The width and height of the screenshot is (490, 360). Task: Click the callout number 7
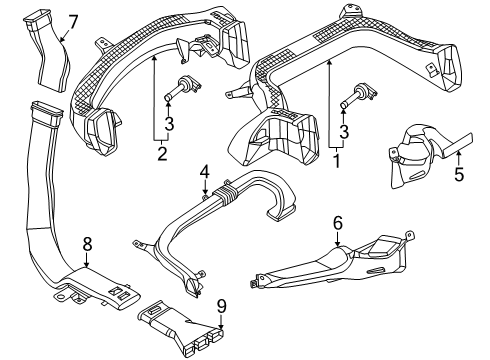[x=72, y=22]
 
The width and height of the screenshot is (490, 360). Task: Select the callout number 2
[x=162, y=153]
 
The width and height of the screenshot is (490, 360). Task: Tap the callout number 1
[x=337, y=160]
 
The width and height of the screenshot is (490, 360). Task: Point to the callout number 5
[x=459, y=174]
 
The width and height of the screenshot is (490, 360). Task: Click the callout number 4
[x=205, y=172]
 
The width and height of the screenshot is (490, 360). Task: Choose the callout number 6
[x=338, y=223]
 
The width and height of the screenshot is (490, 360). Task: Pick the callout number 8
[x=87, y=244]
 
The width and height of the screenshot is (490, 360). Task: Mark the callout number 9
[x=222, y=306]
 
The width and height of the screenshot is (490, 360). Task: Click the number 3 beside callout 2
[x=169, y=123]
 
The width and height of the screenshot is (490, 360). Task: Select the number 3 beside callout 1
[x=344, y=131]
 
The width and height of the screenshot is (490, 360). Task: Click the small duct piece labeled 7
[x=49, y=50]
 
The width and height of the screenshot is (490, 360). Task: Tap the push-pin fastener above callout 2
[x=181, y=88]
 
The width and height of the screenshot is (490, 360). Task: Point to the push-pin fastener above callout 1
[x=358, y=95]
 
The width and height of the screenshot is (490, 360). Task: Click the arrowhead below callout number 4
[x=205, y=191]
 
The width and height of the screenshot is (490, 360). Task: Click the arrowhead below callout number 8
[x=87, y=264]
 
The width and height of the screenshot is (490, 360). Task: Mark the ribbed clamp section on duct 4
[x=225, y=194]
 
